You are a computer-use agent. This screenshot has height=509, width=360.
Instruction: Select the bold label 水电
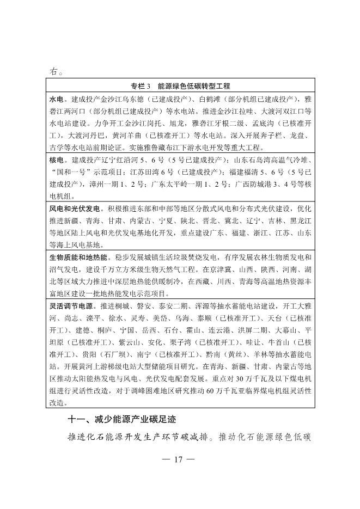(x=56, y=101)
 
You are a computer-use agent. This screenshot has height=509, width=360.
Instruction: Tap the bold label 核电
(x=56, y=162)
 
